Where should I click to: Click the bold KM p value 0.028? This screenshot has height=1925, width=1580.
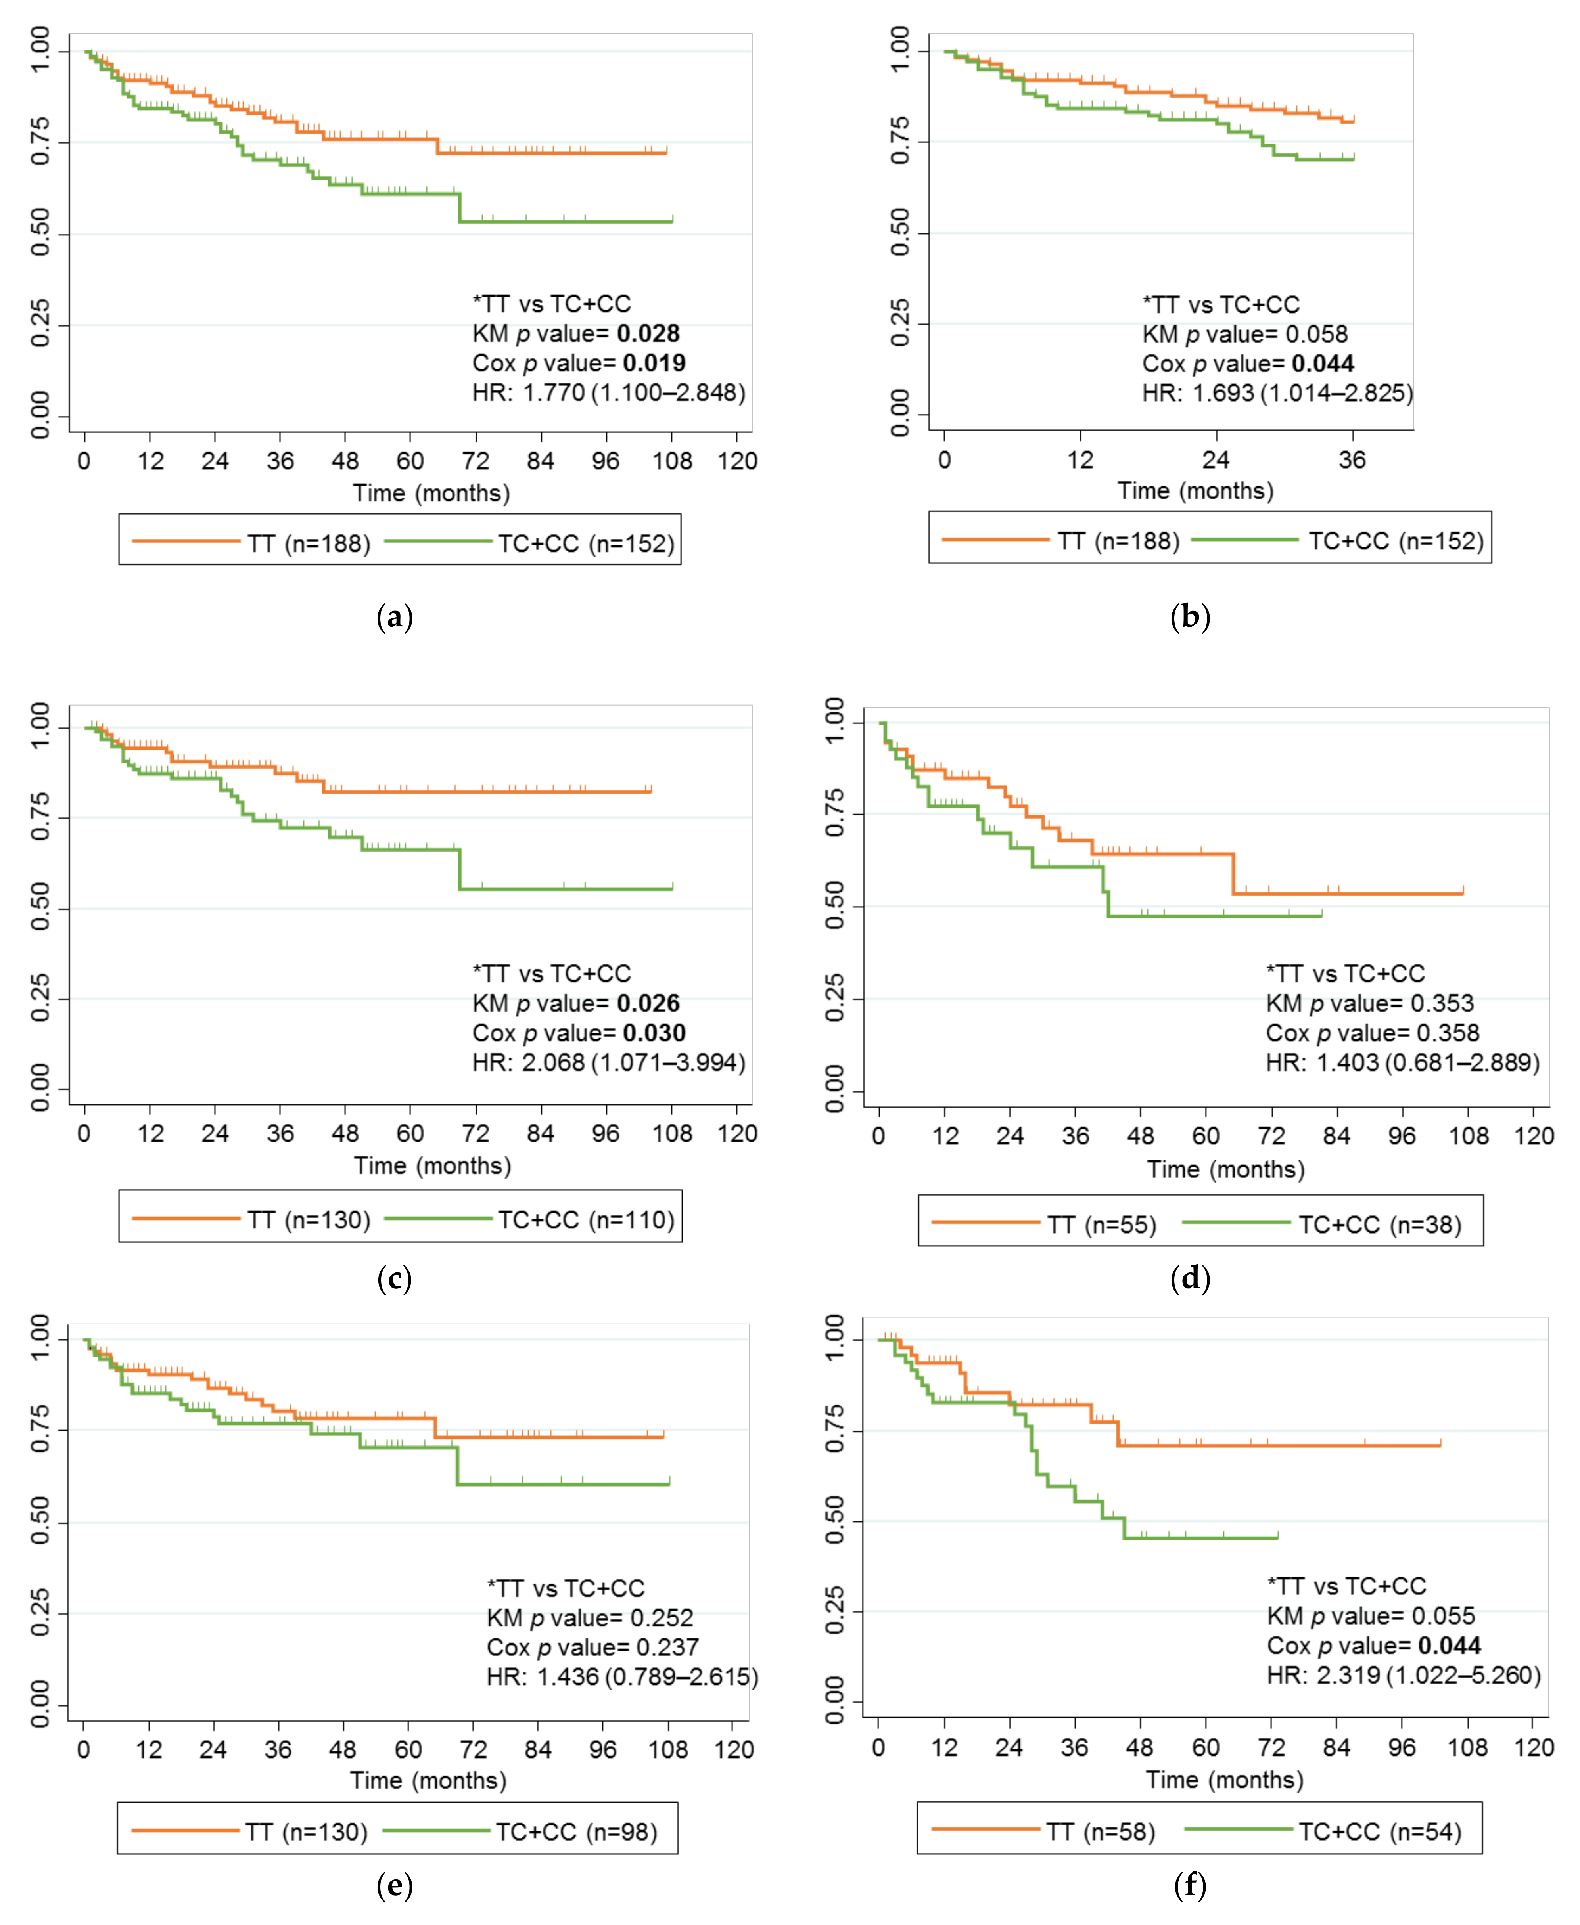coord(648,334)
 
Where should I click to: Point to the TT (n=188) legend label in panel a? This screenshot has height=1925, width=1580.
coord(309,544)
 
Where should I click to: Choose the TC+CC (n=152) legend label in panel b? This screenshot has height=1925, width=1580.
coord(1396,541)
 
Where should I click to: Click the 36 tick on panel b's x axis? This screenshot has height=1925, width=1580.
coord(1352,460)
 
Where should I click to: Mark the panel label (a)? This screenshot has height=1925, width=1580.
coord(395,618)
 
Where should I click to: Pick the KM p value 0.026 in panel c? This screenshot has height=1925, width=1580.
coord(648,1003)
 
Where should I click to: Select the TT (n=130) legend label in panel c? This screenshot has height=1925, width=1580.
coord(309,1220)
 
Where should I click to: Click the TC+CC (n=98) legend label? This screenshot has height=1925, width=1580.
coord(576,1832)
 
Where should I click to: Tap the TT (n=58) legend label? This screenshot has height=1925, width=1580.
coord(1101,1832)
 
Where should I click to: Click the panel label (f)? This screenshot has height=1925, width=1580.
coord(1191,1886)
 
